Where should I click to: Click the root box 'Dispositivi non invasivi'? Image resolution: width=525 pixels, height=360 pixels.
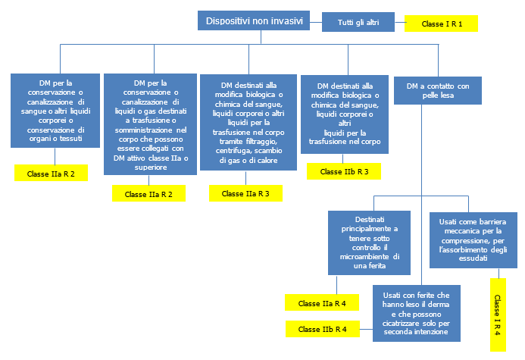click(253, 21)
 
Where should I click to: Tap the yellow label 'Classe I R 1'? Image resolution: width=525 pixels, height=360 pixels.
click(441, 24)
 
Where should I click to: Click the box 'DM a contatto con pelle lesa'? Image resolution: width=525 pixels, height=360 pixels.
click(437, 91)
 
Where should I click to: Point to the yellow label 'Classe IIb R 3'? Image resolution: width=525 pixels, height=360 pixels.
click(344, 171)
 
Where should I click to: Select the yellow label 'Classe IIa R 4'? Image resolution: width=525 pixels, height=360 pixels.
click(322, 303)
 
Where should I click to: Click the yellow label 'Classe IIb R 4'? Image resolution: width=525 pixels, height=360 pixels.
click(323, 329)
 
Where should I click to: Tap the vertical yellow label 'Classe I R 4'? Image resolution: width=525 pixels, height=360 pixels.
click(497, 315)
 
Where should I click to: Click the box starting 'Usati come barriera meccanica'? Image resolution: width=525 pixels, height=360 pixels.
click(470, 239)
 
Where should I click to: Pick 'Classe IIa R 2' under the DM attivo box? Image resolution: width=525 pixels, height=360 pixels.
click(149, 194)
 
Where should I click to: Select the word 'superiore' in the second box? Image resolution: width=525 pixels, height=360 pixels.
click(150, 167)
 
